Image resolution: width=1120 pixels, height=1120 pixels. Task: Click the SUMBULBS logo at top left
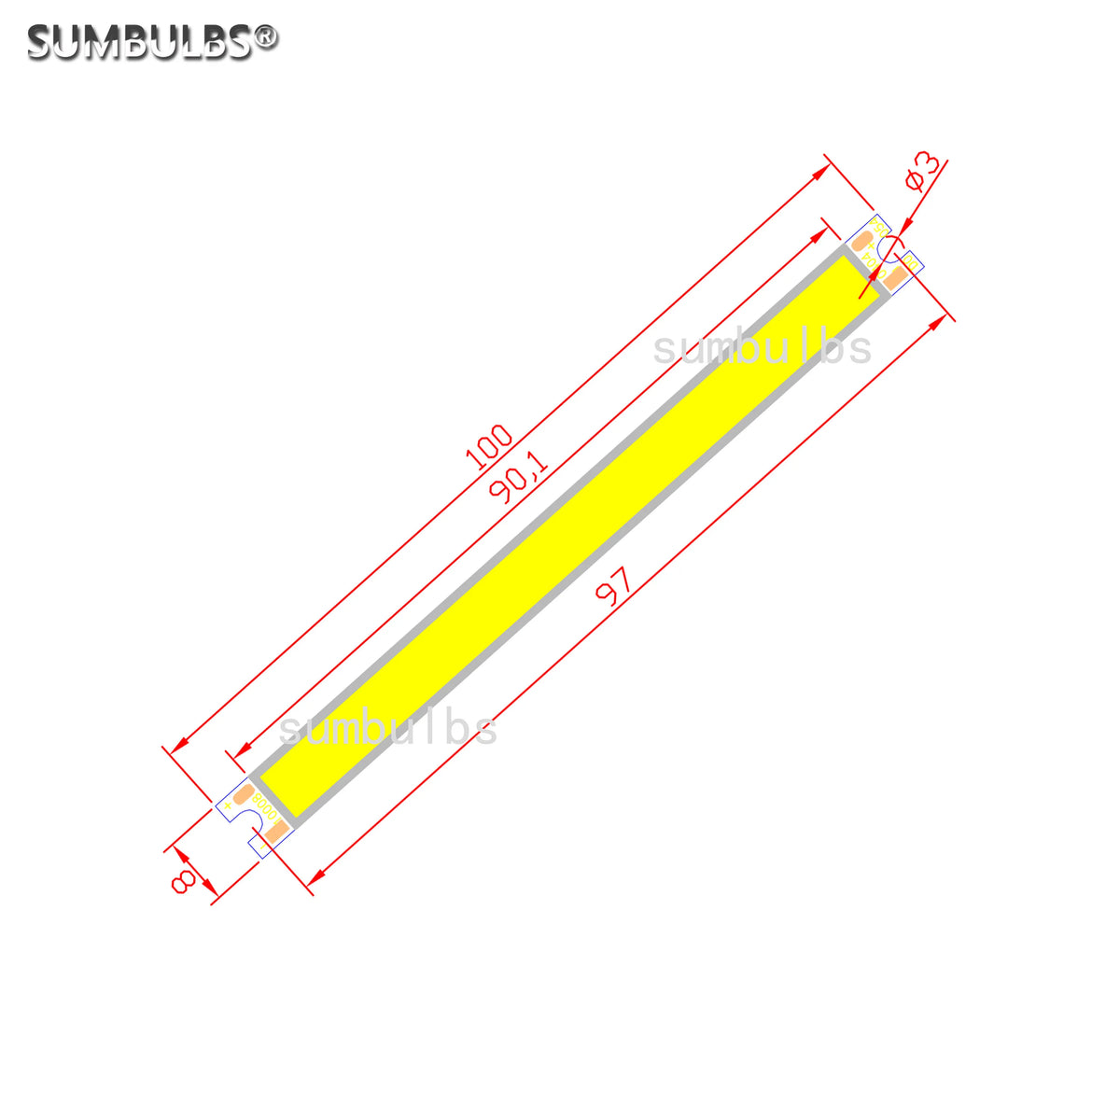pos(140,42)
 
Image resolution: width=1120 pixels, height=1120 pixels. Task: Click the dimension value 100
pos(491,446)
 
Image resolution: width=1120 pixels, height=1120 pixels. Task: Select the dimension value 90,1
pos(518,479)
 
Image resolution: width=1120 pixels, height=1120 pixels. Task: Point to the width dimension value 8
pos(183,879)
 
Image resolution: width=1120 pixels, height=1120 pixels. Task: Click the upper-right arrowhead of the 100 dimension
pos(822,172)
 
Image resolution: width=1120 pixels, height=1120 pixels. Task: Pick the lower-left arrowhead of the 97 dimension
pos(316,876)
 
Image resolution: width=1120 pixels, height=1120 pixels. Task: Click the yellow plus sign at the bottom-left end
pos(228,805)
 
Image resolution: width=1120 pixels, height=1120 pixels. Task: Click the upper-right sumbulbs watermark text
pos(762,349)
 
